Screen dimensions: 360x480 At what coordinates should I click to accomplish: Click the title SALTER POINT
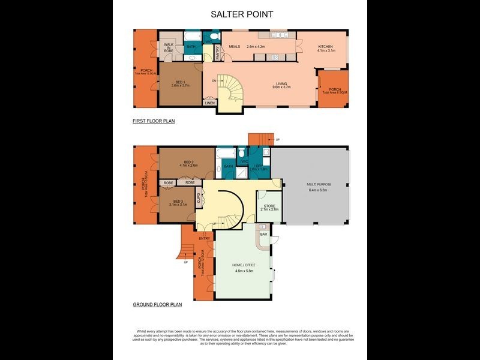(239, 13)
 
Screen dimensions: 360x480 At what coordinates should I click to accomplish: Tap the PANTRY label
(218, 54)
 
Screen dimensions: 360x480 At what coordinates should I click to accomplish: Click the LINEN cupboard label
(209, 103)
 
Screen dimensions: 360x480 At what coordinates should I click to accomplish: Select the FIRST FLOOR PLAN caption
(154, 121)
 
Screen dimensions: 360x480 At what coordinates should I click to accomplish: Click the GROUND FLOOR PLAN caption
(157, 305)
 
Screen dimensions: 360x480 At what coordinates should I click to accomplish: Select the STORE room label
(269, 207)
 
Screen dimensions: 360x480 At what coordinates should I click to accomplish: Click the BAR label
(263, 233)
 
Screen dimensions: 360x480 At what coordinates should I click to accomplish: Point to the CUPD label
(199, 198)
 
